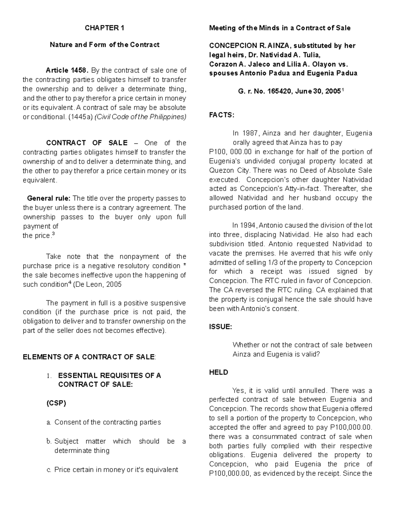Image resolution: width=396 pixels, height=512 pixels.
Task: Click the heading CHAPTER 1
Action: [x=104, y=28]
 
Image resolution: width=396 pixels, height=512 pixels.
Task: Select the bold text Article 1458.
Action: [x=67, y=71]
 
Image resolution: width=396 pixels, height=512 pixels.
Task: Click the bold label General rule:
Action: [x=49, y=198]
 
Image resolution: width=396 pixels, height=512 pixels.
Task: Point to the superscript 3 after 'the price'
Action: [x=54, y=234]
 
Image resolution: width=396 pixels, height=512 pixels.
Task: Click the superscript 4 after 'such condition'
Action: [x=69, y=283]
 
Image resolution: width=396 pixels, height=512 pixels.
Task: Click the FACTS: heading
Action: [x=221, y=115]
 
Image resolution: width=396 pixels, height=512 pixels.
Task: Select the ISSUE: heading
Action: [x=221, y=327]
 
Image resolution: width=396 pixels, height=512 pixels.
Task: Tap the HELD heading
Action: [x=218, y=372]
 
